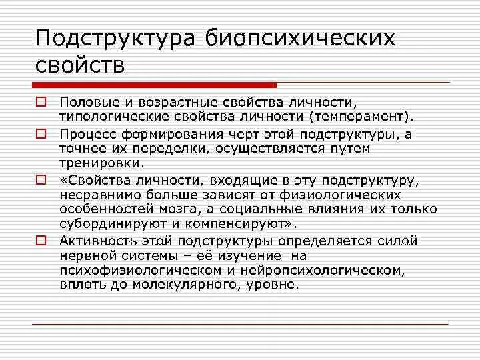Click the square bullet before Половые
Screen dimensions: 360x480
tap(41, 102)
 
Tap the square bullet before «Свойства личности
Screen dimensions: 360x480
tap(41, 179)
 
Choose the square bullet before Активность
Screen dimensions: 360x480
tap(41, 240)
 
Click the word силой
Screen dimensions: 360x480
tap(404, 241)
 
